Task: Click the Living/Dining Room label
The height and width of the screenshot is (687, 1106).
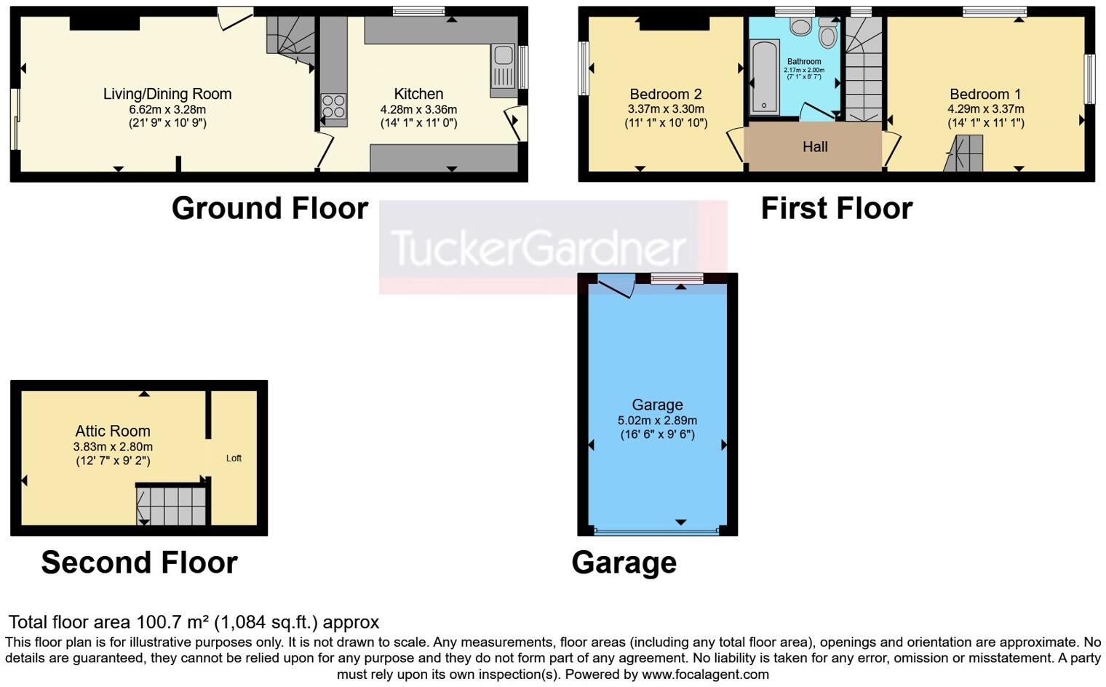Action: point(167,94)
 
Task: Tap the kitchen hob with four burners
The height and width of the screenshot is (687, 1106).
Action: point(334,106)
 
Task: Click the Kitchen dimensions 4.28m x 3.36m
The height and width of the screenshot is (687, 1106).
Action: point(418,109)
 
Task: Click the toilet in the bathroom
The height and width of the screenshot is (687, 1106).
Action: point(827,33)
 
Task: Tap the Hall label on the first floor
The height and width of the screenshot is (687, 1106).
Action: point(815,147)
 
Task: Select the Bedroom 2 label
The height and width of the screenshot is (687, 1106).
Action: point(666,94)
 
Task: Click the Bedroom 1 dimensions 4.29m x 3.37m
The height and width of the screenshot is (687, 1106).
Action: point(985,109)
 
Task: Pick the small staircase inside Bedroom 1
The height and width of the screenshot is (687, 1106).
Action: point(964,153)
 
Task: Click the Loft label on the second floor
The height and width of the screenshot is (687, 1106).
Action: point(234,458)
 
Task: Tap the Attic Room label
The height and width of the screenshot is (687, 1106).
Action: point(113,431)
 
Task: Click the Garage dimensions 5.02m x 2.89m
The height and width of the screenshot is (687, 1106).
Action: point(657,421)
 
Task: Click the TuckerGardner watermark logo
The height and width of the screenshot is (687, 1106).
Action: point(538,247)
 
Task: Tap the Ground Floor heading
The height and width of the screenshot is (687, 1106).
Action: point(269,208)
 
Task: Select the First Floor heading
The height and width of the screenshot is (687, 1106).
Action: point(836,208)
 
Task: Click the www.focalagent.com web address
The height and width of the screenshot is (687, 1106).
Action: point(705,674)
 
